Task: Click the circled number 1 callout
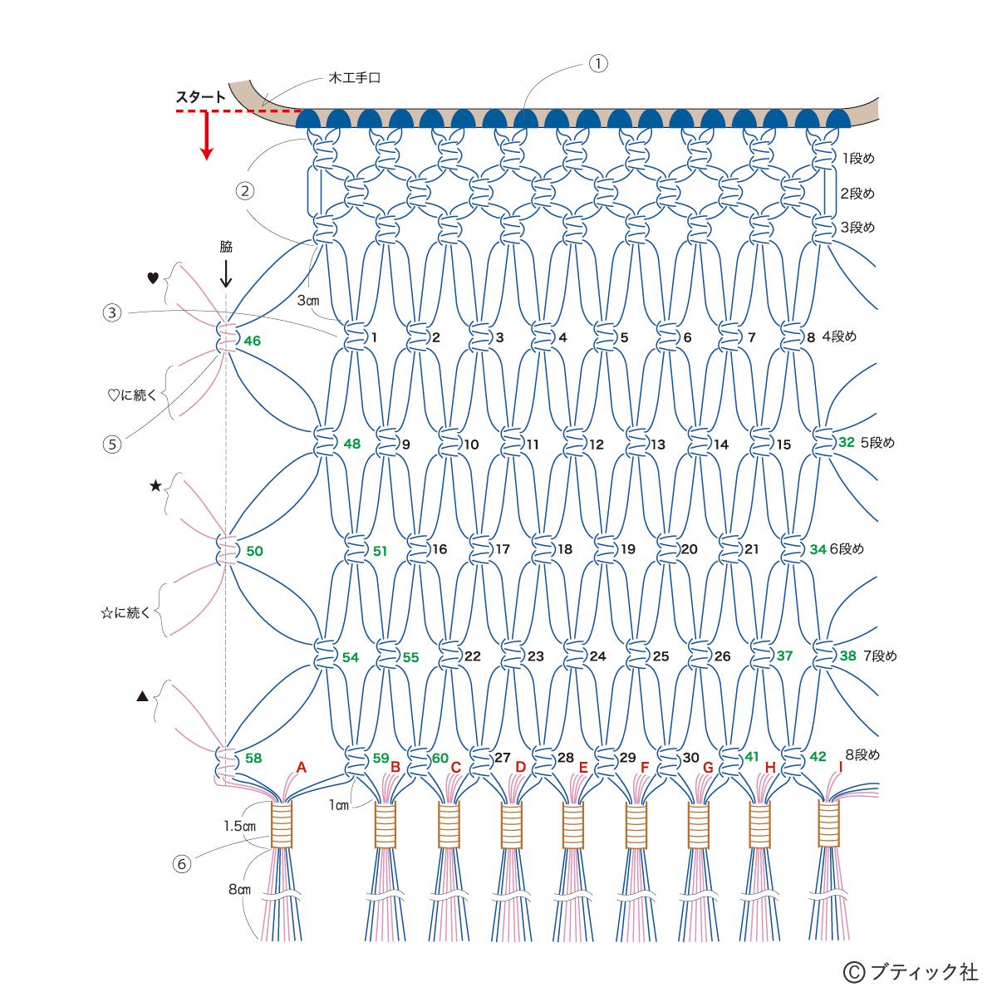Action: point(598,63)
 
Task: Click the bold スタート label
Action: point(200,96)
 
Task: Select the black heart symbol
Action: point(152,279)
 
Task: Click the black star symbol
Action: point(155,485)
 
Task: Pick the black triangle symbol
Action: point(141,696)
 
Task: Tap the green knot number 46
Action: point(252,341)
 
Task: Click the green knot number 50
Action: point(254,551)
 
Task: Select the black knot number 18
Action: point(565,549)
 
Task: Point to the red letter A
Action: point(302,768)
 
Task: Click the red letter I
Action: point(840,767)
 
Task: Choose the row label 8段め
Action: point(862,755)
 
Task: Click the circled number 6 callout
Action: point(182,864)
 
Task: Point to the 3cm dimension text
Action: point(308,300)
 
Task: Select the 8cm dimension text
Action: point(239,890)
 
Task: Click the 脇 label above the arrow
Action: point(226,247)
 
